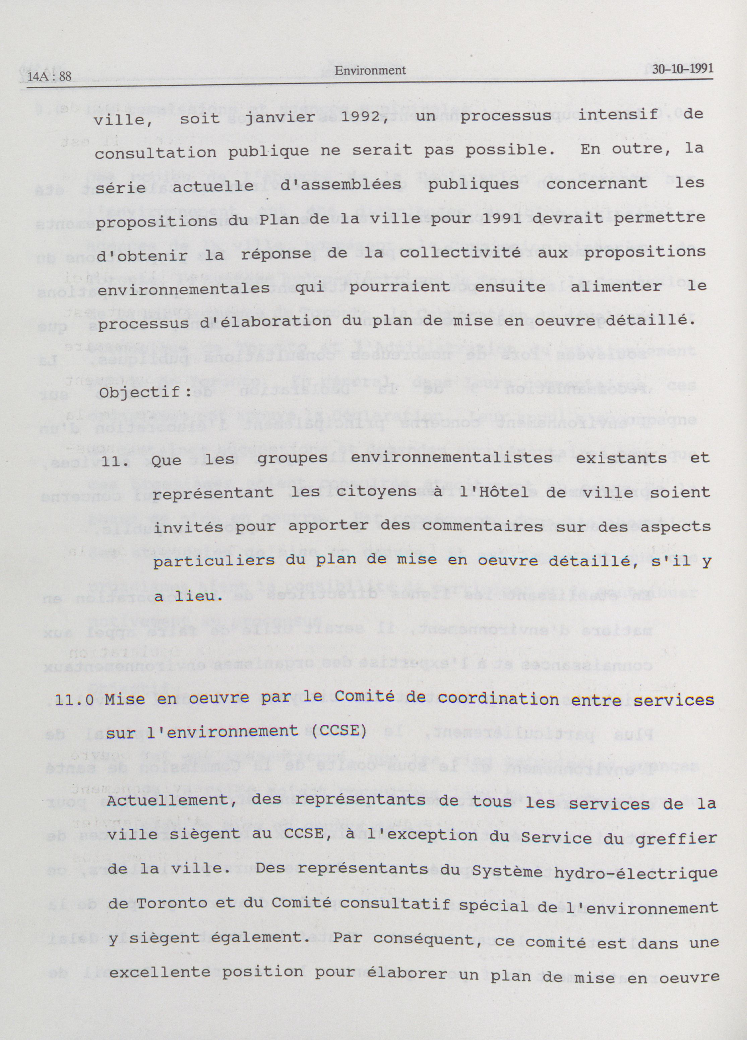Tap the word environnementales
(184, 290)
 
